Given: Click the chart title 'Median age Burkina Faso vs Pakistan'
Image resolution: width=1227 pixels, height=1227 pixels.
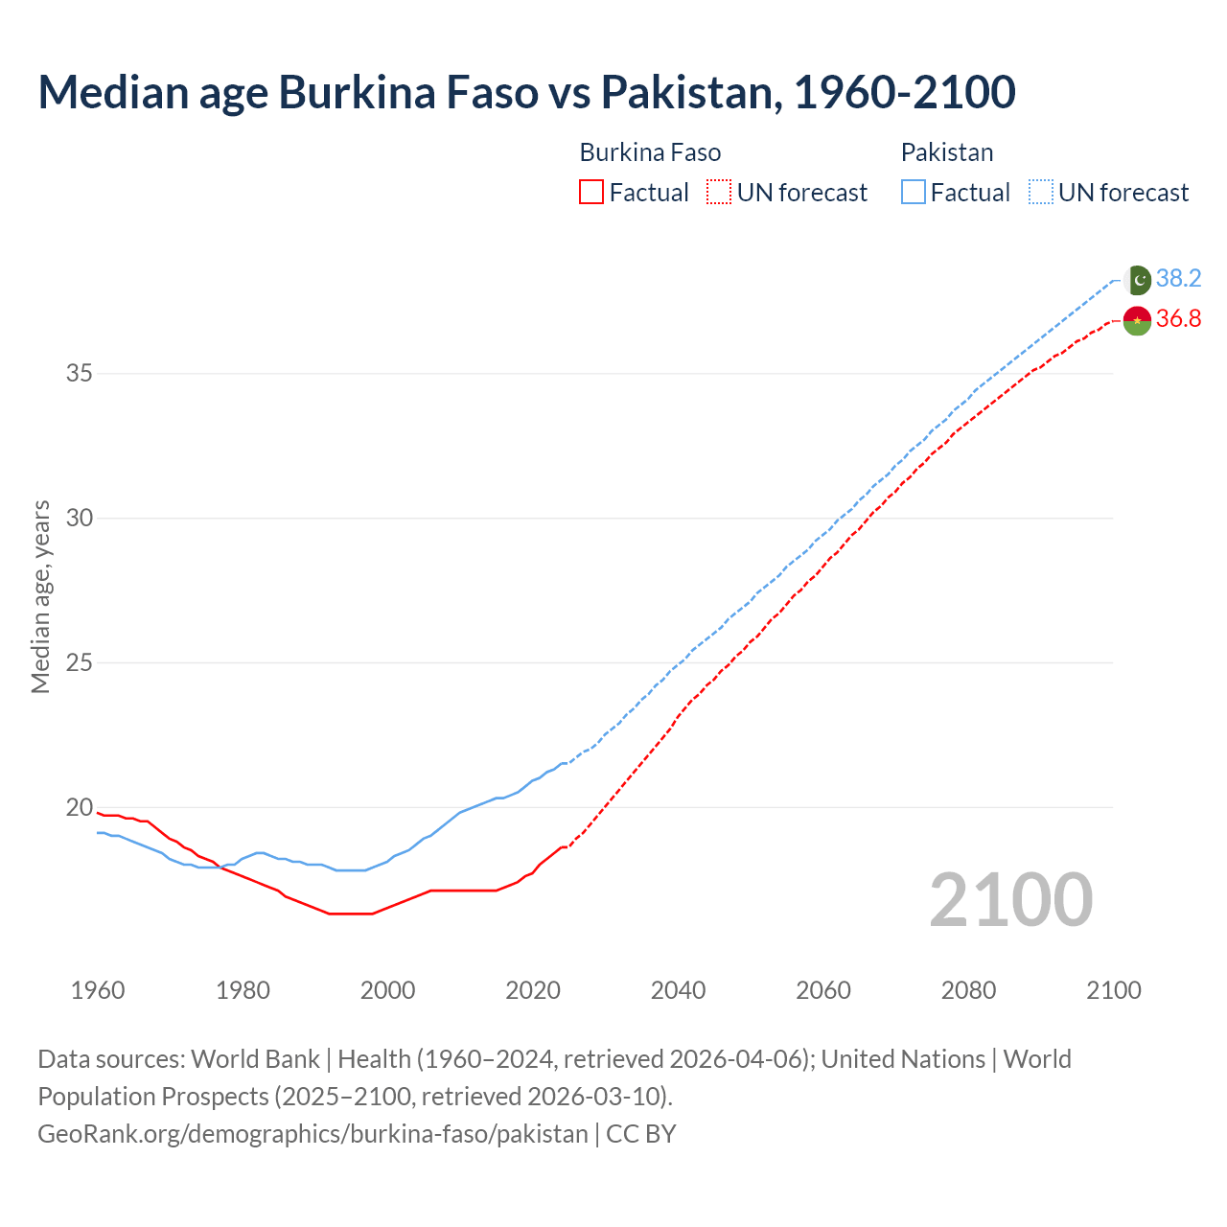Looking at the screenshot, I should pyautogui.click(x=526, y=93).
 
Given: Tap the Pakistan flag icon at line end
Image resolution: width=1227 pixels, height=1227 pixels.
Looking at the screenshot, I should pyautogui.click(x=1138, y=280).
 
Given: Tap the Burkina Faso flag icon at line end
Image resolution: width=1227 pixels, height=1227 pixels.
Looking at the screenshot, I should pyautogui.click(x=1137, y=321).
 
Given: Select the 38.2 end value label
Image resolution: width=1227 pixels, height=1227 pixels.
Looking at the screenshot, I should pyautogui.click(x=1178, y=279).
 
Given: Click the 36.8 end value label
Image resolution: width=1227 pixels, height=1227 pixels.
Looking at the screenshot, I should pyautogui.click(x=1178, y=319).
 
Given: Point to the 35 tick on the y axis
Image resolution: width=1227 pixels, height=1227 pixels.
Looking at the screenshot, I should pyautogui.click(x=79, y=374).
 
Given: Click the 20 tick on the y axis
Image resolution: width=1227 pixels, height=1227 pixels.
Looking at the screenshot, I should pyautogui.click(x=79, y=807).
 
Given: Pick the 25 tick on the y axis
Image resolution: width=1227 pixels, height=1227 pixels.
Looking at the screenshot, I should pyautogui.click(x=79, y=662).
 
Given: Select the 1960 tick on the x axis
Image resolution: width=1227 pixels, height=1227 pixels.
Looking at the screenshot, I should pyautogui.click(x=98, y=990).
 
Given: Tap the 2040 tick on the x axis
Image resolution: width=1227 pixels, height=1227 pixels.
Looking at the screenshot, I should pyautogui.click(x=678, y=990).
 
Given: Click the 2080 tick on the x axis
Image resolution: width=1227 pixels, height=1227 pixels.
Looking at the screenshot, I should pyautogui.click(x=968, y=990).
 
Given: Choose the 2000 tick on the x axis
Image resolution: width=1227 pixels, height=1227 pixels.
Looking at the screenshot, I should pyautogui.click(x=387, y=990).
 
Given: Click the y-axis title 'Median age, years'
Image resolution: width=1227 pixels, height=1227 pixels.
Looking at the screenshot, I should pyautogui.click(x=40, y=596).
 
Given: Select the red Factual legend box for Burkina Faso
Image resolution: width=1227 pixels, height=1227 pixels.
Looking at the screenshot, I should pyautogui.click(x=591, y=193).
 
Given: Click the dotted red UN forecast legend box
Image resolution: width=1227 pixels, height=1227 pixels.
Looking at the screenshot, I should pyautogui.click(x=719, y=193).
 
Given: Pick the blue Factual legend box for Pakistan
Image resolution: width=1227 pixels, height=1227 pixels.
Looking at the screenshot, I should pyautogui.click(x=914, y=193).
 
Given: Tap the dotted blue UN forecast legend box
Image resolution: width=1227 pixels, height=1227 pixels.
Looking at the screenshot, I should pyautogui.click(x=1040, y=193).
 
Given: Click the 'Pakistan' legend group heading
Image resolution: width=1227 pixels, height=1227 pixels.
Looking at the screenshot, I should pyautogui.click(x=946, y=153).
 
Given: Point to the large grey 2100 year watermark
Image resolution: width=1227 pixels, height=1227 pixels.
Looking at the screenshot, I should pyautogui.click(x=1010, y=900).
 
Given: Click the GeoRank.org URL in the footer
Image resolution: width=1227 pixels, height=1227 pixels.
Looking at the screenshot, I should pyautogui.click(x=313, y=1134).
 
